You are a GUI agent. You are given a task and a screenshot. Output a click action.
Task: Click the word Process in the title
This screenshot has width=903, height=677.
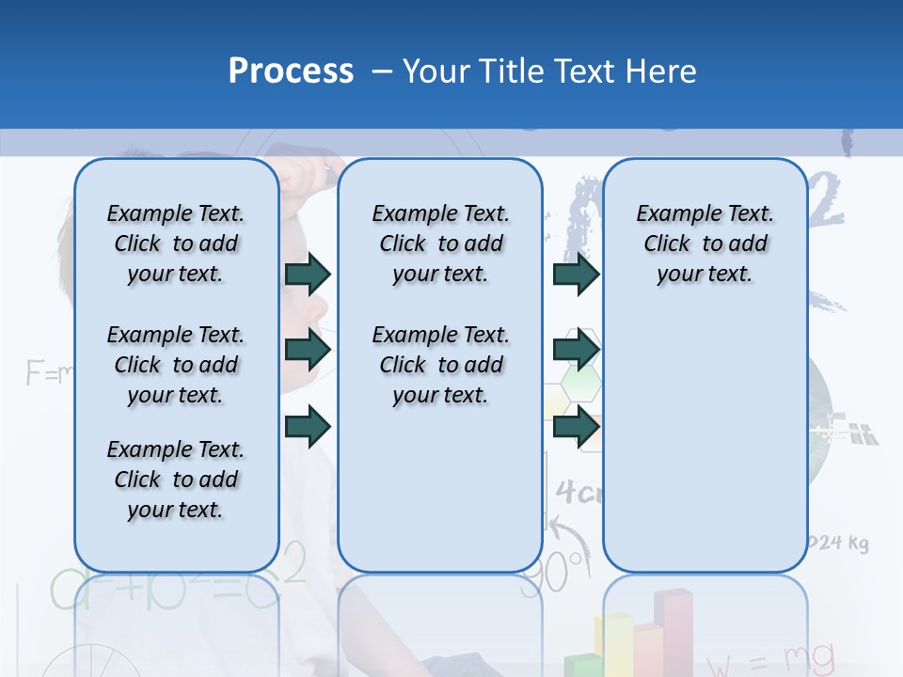(291, 71)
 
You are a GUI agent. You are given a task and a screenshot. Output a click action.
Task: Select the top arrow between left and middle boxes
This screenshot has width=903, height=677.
(308, 274)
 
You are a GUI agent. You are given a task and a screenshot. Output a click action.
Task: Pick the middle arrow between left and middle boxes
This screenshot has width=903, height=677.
(308, 351)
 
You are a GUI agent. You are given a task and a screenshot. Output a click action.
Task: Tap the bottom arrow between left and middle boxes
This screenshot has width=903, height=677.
(308, 426)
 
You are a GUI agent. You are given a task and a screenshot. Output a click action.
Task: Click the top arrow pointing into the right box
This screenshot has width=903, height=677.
(576, 274)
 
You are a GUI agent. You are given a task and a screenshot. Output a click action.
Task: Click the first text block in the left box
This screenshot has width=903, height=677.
(176, 244)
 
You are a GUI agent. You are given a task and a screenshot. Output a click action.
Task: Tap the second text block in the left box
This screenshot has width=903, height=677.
(176, 365)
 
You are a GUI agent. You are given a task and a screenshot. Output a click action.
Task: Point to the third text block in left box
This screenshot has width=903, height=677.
(176, 480)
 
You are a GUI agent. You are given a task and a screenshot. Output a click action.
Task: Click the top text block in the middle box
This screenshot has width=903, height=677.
(440, 244)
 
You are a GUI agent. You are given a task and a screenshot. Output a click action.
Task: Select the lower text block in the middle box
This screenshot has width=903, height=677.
(440, 365)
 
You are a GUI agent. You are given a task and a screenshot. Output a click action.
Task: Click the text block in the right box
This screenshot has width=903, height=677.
(705, 244)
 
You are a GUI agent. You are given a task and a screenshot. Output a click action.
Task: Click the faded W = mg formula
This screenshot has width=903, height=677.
(771, 656)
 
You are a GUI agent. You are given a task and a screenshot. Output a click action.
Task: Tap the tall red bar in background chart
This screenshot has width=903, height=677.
(673, 630)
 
